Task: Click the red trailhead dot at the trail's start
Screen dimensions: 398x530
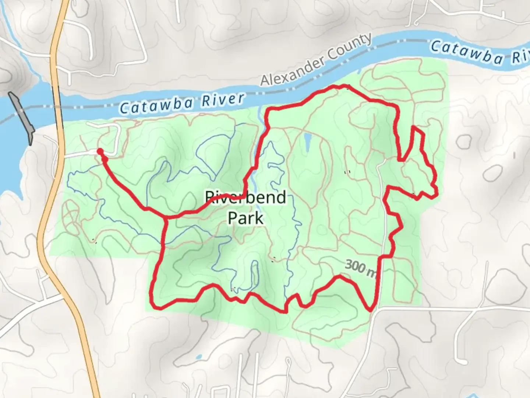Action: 100,151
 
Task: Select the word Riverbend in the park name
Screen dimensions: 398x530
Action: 245,198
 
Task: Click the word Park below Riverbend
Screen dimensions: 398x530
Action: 245,218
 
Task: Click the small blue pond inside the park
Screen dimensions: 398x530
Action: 307,142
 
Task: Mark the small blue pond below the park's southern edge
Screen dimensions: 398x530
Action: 199,357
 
